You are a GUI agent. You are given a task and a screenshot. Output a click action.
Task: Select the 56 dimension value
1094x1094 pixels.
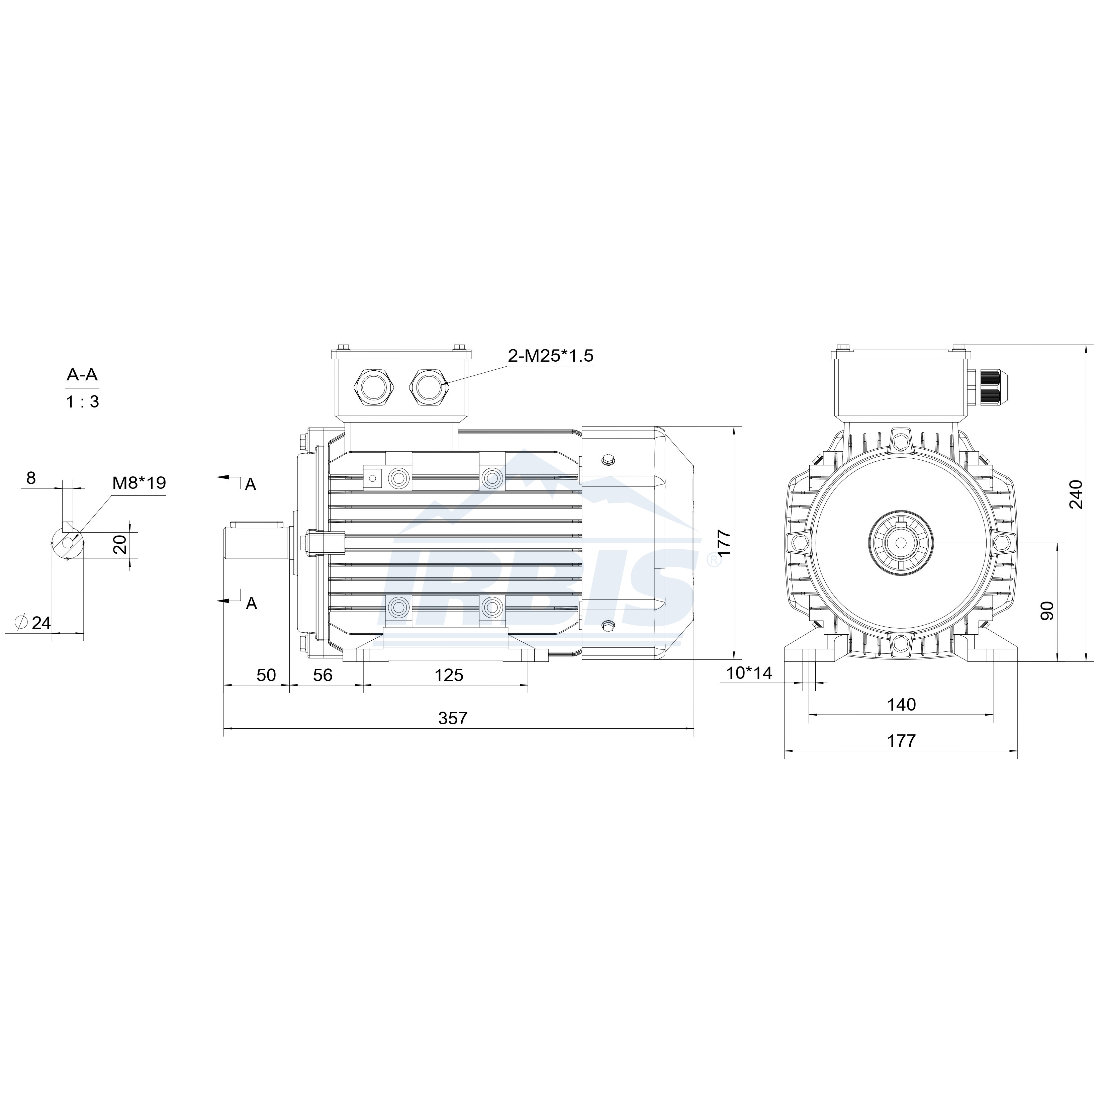tap(323, 675)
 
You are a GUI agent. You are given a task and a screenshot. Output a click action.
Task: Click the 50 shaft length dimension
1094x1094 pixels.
tap(266, 675)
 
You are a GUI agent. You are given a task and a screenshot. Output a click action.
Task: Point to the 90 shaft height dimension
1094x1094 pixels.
tap(1047, 611)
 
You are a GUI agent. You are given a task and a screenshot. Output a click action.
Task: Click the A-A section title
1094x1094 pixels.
tap(82, 374)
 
